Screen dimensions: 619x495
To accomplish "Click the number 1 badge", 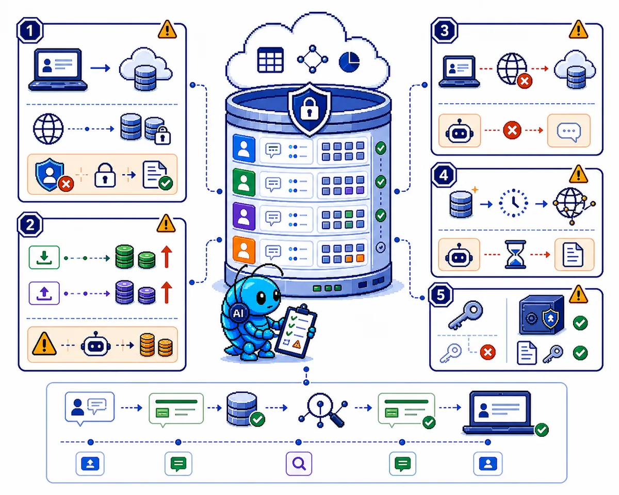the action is click(29, 30).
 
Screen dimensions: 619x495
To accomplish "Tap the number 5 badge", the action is click(441, 295).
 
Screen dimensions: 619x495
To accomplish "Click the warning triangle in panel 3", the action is click(578, 29).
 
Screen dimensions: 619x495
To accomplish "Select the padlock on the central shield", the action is click(309, 108).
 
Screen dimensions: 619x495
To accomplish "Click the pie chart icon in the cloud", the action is click(349, 62).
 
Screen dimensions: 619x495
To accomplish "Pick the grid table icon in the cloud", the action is click(270, 60).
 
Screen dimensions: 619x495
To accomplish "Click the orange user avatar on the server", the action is click(244, 250).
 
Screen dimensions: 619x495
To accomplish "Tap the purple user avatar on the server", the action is click(244, 216).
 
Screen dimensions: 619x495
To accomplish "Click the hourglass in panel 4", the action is click(515, 255).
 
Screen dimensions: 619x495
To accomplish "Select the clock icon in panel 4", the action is click(513, 203).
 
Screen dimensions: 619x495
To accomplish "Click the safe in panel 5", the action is click(541, 315).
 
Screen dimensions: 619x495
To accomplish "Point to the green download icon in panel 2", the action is click(44, 257).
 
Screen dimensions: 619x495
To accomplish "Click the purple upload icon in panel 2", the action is click(44, 293).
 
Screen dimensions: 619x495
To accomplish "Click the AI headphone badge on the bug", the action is click(238, 312).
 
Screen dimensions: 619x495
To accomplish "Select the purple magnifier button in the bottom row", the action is click(299, 464).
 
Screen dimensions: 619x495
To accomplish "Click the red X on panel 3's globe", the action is click(525, 81).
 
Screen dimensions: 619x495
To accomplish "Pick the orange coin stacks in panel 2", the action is click(156, 344).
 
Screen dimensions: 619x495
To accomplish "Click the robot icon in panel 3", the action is click(460, 131).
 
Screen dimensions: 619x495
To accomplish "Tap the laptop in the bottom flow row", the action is click(499, 412).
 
